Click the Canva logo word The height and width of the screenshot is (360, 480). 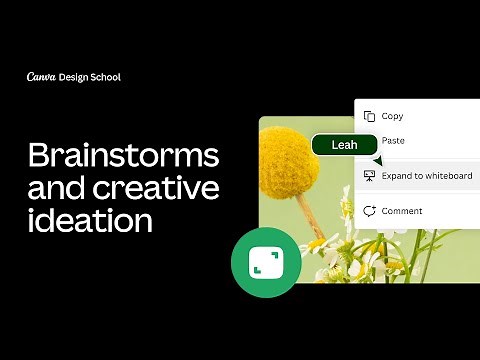coord(41,77)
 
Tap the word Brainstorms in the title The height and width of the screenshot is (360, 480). coord(122,156)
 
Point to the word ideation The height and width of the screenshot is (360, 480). coord(90,220)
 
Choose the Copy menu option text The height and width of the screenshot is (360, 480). coord(392,116)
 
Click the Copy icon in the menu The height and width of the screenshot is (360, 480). coord(370,116)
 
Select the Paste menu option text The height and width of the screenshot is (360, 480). coord(393,141)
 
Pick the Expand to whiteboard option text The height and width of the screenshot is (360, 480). coord(427,176)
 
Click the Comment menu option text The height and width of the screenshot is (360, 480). coord(402,211)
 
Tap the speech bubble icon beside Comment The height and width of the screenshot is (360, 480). coord(370,211)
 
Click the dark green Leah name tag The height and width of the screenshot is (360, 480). coord(344,145)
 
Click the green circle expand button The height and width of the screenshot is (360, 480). coord(266,262)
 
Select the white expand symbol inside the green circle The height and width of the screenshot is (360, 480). coord(266,262)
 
